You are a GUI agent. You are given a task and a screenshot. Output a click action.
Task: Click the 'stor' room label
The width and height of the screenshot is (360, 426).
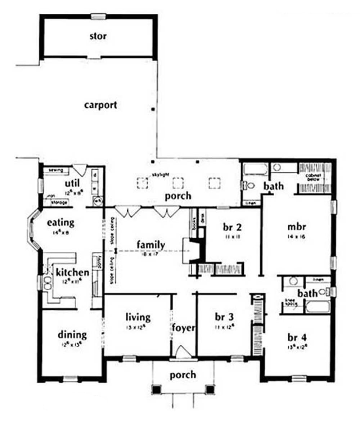pyautogui.click(x=98, y=36)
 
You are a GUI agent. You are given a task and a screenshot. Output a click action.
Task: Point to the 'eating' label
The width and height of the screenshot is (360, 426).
pyautogui.click(x=60, y=222)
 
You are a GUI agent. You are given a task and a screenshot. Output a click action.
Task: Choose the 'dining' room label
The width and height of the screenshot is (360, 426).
pyautogui.click(x=72, y=335)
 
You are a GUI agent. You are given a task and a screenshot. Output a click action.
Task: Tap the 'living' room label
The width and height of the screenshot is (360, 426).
pyautogui.click(x=138, y=317)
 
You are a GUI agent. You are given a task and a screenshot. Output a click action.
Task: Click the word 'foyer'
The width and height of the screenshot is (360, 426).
pyautogui.click(x=183, y=328)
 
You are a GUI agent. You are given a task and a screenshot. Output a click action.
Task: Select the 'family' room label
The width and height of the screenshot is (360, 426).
pyautogui.click(x=151, y=245)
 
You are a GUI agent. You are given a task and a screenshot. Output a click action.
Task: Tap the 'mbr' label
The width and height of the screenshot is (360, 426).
pyautogui.click(x=297, y=227)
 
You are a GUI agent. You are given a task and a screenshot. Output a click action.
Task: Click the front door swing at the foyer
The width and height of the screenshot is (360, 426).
pyautogui.click(x=183, y=351)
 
